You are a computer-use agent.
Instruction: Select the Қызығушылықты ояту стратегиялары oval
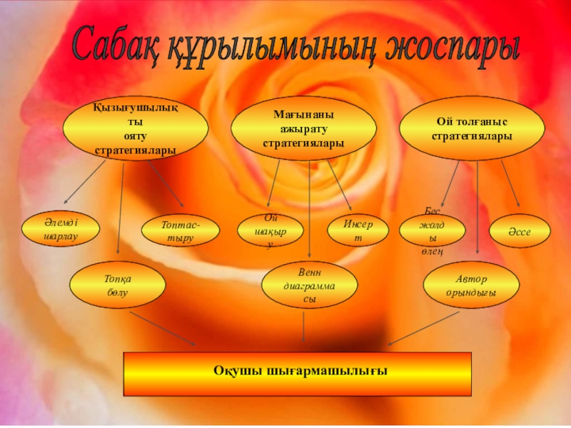(136, 129)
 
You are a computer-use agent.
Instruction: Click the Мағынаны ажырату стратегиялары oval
(303, 129)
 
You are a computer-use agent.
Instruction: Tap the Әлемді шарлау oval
(60, 228)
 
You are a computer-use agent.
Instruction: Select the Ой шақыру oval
(270, 230)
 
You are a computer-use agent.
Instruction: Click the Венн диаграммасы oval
(309, 286)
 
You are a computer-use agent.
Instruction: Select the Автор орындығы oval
(470, 286)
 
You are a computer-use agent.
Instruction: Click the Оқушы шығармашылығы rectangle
(298, 373)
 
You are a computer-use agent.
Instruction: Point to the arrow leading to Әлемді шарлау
(86, 181)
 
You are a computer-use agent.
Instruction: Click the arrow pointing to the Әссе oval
(510, 182)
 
